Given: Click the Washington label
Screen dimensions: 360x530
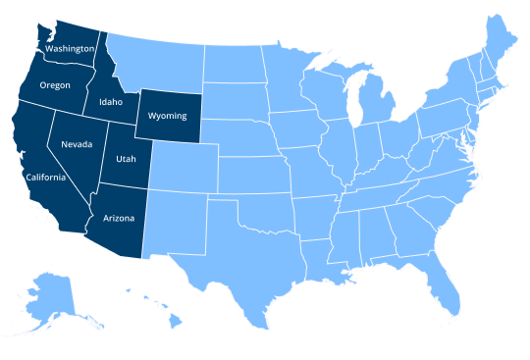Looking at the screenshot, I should click(x=70, y=48).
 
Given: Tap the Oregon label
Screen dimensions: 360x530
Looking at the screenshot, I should click(x=55, y=85).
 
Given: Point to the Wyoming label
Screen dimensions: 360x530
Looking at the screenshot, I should click(x=167, y=116).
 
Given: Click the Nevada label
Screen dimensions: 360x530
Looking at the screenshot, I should click(x=77, y=144).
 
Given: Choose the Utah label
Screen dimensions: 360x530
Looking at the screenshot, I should click(x=127, y=158).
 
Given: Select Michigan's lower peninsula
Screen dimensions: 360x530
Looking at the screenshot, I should click(x=374, y=108).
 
